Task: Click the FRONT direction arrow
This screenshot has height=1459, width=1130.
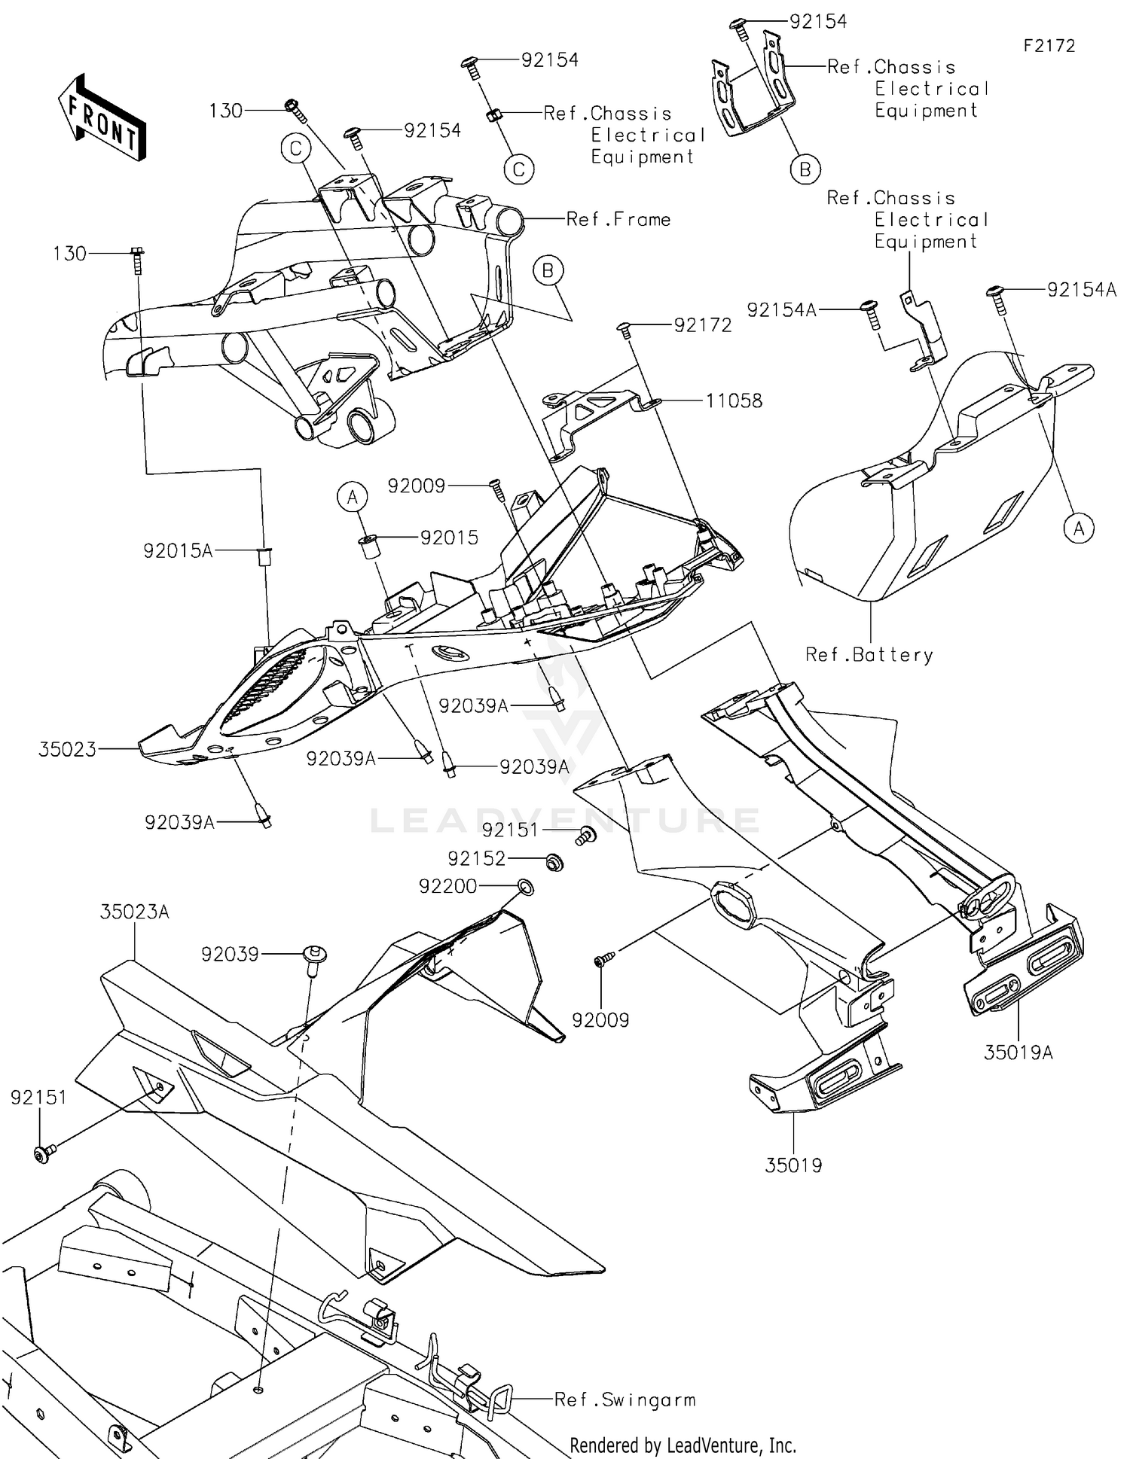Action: (x=102, y=117)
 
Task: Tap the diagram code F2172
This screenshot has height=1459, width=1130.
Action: (x=1049, y=46)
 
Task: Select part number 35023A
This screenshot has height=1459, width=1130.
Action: (x=135, y=912)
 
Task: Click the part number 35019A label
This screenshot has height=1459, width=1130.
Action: (x=1019, y=1052)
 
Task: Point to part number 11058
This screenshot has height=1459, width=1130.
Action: (x=734, y=401)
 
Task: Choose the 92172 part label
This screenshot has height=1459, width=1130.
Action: (x=703, y=325)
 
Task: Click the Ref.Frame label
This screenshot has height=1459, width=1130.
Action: (x=618, y=219)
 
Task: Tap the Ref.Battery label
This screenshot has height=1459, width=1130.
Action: (x=869, y=655)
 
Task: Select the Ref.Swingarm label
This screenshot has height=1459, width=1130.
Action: (x=625, y=1400)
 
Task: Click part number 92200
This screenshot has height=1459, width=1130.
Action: (x=447, y=887)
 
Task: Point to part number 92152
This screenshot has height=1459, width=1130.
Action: (x=476, y=859)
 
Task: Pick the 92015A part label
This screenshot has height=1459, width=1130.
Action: (x=179, y=551)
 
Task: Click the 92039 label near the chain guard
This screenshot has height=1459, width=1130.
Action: (x=230, y=955)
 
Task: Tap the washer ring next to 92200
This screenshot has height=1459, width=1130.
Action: (x=527, y=888)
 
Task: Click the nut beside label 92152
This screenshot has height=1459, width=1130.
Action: (x=553, y=861)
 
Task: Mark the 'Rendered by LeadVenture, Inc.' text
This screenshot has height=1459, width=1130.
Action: (x=683, y=1445)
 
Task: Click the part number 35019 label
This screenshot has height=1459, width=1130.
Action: (x=793, y=1165)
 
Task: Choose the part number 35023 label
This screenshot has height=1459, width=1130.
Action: (x=68, y=749)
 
